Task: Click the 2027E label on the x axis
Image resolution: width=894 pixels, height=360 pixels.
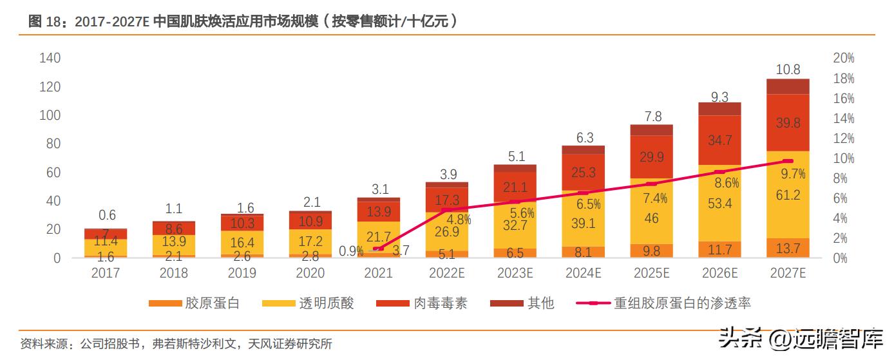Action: [788, 273]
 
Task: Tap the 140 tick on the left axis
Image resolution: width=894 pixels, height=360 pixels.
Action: [50, 59]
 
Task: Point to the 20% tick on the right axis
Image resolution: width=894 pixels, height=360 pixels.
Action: [843, 59]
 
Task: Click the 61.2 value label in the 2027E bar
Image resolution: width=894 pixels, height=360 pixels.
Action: [788, 195]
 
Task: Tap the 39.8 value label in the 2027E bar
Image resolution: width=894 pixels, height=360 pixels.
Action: [788, 123]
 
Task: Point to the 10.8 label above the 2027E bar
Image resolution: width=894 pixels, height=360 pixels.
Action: [788, 69]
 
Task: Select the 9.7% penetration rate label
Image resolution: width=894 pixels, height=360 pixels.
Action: [793, 174]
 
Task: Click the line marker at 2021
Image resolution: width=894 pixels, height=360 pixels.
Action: [378, 249]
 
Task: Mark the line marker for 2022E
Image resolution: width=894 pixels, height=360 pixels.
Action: [446, 210]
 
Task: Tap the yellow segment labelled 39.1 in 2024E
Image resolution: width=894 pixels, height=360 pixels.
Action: [583, 223]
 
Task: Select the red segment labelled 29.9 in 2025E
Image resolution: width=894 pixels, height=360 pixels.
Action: [651, 157]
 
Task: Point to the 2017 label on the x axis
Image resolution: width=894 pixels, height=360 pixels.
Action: [106, 273]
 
